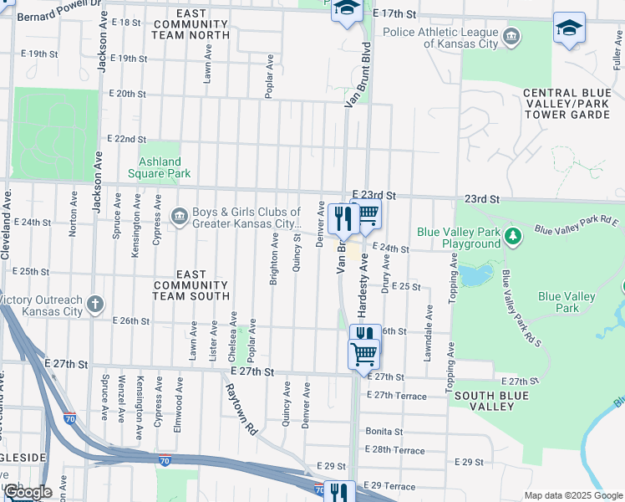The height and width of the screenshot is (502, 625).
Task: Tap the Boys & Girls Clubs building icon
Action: click(180, 218)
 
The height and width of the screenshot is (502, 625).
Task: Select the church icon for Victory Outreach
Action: click(96, 303)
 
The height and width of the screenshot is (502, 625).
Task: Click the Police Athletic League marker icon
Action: click(512, 36)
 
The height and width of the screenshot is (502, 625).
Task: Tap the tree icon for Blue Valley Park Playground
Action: click(514, 238)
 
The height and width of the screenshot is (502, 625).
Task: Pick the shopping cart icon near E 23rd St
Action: click(368, 217)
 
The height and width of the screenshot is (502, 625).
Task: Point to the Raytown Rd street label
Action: click(240, 409)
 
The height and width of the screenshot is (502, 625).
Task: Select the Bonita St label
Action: click(384, 432)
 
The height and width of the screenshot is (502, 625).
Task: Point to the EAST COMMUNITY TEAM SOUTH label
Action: click(191, 285)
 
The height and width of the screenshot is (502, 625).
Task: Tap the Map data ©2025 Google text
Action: click(572, 495)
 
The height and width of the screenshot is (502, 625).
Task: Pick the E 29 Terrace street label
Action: click(390, 486)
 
